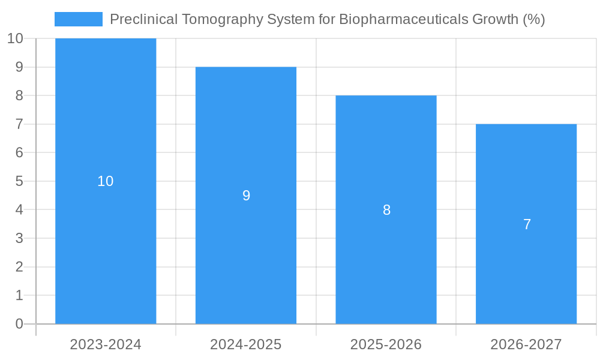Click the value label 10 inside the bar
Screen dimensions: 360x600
pyautogui.click(x=106, y=181)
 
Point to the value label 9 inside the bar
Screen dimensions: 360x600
pyautogui.click(x=246, y=196)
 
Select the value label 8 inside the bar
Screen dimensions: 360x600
pyautogui.click(x=386, y=210)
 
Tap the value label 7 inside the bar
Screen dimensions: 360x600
pyautogui.click(x=527, y=224)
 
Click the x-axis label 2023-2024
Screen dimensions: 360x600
pyautogui.click(x=106, y=344)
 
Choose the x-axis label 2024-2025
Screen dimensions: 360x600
pyautogui.click(x=246, y=344)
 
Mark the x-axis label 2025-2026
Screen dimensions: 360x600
pyautogui.click(x=386, y=344)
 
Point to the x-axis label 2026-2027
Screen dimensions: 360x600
pyautogui.click(x=526, y=344)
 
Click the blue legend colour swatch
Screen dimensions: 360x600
pyautogui.click(x=79, y=19)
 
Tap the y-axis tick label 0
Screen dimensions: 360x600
pyautogui.click(x=19, y=324)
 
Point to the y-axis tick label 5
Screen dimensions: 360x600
pyautogui.click(x=19, y=181)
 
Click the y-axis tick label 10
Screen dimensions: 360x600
pyautogui.click(x=15, y=38)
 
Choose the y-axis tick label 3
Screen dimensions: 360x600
pyautogui.click(x=19, y=238)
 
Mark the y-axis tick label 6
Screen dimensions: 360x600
pyautogui.click(x=19, y=152)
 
